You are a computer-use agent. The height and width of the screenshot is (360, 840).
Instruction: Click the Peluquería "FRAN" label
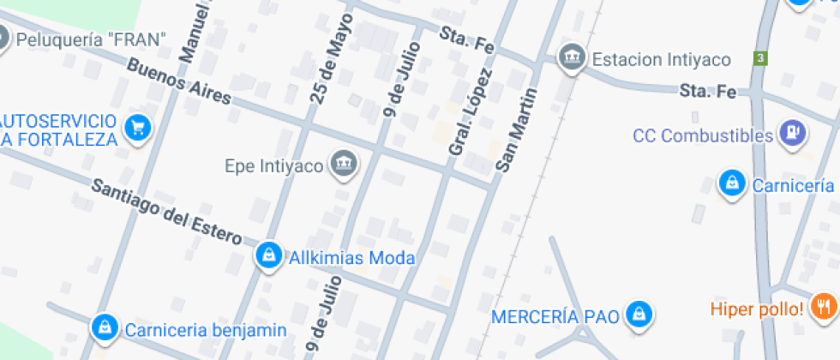click(x=91, y=39)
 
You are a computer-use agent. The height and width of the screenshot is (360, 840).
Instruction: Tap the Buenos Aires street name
click(x=179, y=82)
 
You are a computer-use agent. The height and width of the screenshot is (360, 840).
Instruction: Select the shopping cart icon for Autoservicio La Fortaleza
click(x=137, y=129)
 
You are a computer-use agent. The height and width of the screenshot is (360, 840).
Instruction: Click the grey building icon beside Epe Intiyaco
click(x=345, y=164)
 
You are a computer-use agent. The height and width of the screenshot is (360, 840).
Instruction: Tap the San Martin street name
click(x=518, y=129)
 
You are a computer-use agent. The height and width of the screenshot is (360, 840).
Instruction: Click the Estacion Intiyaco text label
click(x=661, y=59)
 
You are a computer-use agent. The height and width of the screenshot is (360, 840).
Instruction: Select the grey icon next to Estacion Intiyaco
click(x=570, y=58)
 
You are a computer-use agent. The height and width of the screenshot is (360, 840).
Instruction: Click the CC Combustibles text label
click(x=703, y=135)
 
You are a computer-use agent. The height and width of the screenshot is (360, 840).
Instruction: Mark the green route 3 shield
click(x=759, y=58)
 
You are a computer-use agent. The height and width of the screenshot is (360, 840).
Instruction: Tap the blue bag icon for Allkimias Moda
click(x=269, y=255)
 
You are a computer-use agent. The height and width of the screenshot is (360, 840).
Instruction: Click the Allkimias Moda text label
click(x=352, y=257)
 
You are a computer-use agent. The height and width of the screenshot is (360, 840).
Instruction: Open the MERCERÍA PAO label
click(x=555, y=316)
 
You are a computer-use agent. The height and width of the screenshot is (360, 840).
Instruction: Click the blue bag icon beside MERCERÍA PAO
click(x=638, y=315)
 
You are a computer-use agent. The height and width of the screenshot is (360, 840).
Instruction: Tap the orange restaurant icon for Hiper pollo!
click(x=825, y=307)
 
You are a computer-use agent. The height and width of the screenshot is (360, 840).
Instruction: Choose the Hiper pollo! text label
click(x=757, y=309)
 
